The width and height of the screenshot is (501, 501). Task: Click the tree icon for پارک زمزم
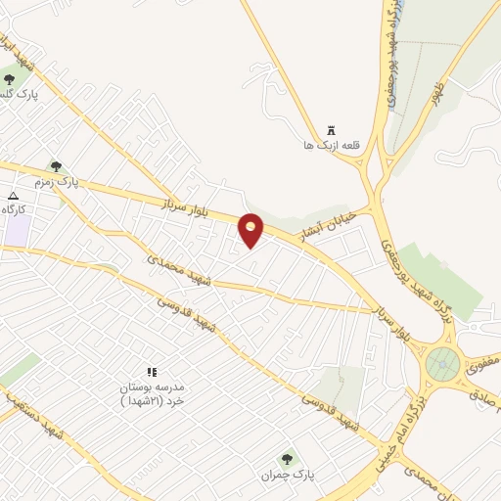tap(56, 167)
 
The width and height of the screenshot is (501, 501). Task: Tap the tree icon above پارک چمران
tap(287, 458)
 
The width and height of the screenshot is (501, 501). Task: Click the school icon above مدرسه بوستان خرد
tap(152, 373)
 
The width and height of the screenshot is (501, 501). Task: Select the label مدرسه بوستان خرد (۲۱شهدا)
tap(152, 394)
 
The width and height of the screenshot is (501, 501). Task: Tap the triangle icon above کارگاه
tap(13, 196)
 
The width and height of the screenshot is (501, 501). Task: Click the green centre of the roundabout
tap(442, 365)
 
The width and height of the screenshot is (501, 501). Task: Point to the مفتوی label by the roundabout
tap(483, 364)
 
